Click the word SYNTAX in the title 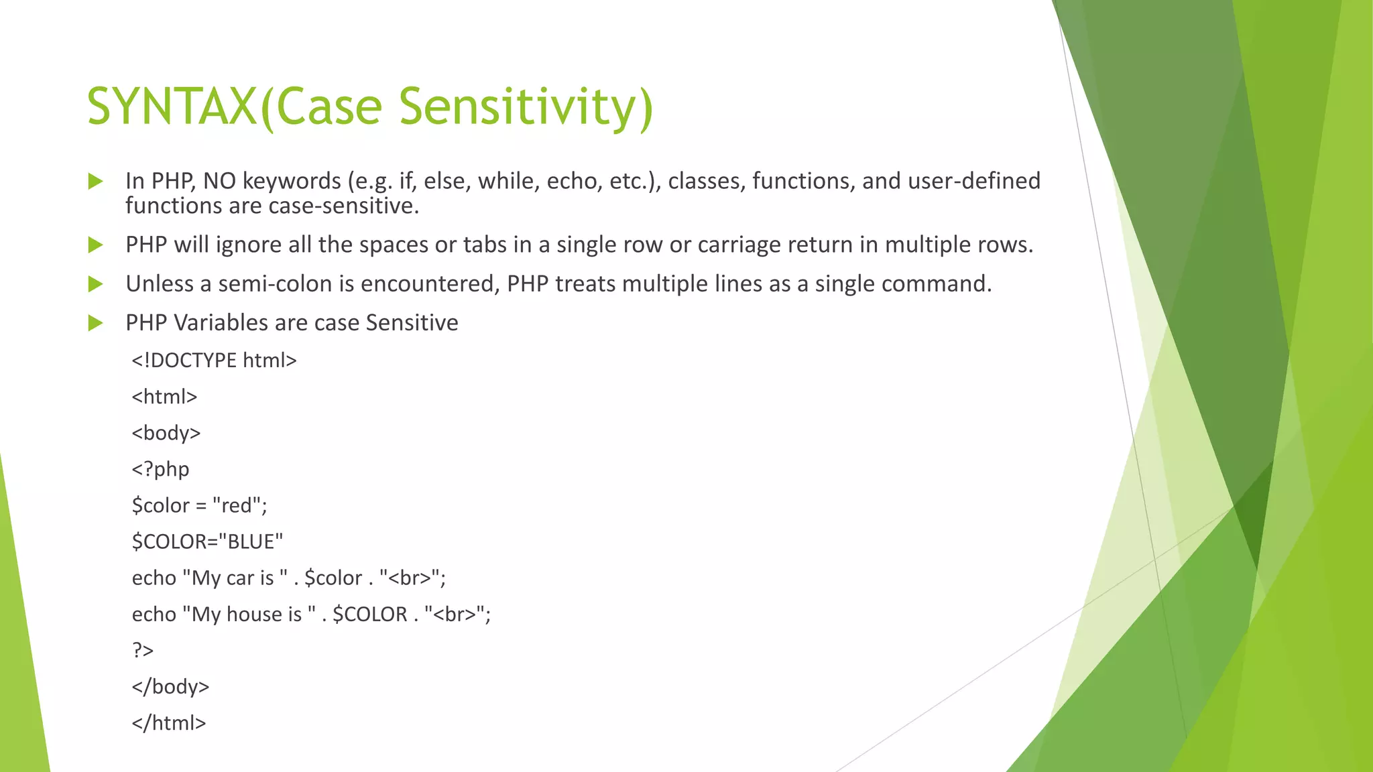click(x=172, y=107)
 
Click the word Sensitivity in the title click(x=526, y=107)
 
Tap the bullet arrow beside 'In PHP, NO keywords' click(x=95, y=181)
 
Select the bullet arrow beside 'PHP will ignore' click(x=95, y=245)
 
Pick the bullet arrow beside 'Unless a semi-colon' click(x=95, y=284)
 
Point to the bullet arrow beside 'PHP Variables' click(x=95, y=324)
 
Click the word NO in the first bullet click(x=219, y=181)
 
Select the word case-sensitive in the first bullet click(x=343, y=206)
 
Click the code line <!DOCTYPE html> click(x=214, y=361)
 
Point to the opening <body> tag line click(x=166, y=433)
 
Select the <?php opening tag click(x=160, y=469)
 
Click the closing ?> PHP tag click(x=143, y=651)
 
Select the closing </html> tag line click(x=169, y=723)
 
